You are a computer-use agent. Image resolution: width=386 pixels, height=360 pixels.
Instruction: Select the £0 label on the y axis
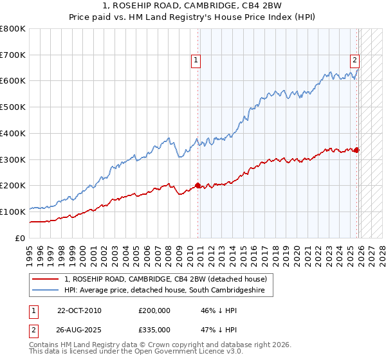click(21, 238)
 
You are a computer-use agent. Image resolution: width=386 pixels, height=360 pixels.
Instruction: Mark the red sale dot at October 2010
click(198, 185)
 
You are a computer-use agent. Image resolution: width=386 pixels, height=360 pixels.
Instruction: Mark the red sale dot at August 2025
click(357, 150)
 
